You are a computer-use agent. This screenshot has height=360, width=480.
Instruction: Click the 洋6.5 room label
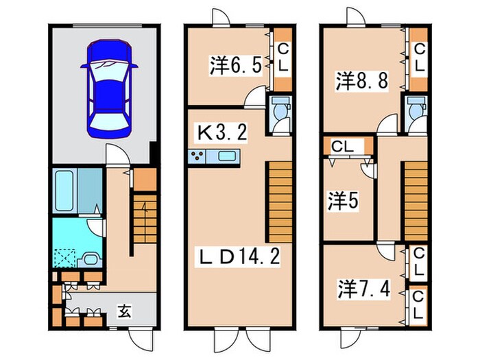pyautogui.click(x=235, y=66)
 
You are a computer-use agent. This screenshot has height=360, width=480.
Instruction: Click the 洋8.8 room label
pyautogui.click(x=362, y=80)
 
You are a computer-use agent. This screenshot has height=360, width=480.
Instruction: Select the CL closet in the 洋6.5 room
pyautogui.click(x=283, y=59)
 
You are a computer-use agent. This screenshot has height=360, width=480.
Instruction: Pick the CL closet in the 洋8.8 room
pyautogui.click(x=419, y=59)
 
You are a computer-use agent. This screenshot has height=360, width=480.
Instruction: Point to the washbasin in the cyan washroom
pyautogui.click(x=88, y=259)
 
